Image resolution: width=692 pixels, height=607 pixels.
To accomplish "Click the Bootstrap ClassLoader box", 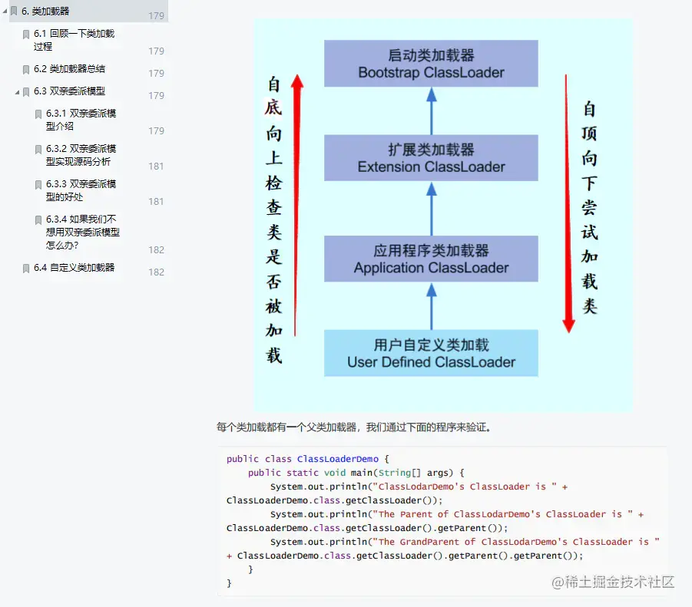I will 431,64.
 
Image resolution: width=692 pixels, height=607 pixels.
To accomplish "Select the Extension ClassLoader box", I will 431,157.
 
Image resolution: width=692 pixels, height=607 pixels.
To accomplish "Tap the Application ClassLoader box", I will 431,259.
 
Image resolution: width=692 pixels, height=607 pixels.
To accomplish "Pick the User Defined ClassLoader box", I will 431,353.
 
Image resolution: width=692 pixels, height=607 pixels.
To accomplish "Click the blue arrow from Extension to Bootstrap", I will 432,111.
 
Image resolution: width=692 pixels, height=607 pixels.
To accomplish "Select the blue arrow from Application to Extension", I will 432,208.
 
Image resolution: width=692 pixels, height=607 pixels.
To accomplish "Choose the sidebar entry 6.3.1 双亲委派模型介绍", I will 81,120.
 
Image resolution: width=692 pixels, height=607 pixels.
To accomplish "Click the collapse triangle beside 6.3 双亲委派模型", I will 17,92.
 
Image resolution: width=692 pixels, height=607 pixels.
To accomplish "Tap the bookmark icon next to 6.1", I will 25,35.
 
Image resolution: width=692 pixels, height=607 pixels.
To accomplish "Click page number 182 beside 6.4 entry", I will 156,272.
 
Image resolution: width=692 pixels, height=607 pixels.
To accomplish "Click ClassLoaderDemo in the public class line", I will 338,459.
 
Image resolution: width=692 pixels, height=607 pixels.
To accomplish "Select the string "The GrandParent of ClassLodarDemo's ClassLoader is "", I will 518,542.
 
